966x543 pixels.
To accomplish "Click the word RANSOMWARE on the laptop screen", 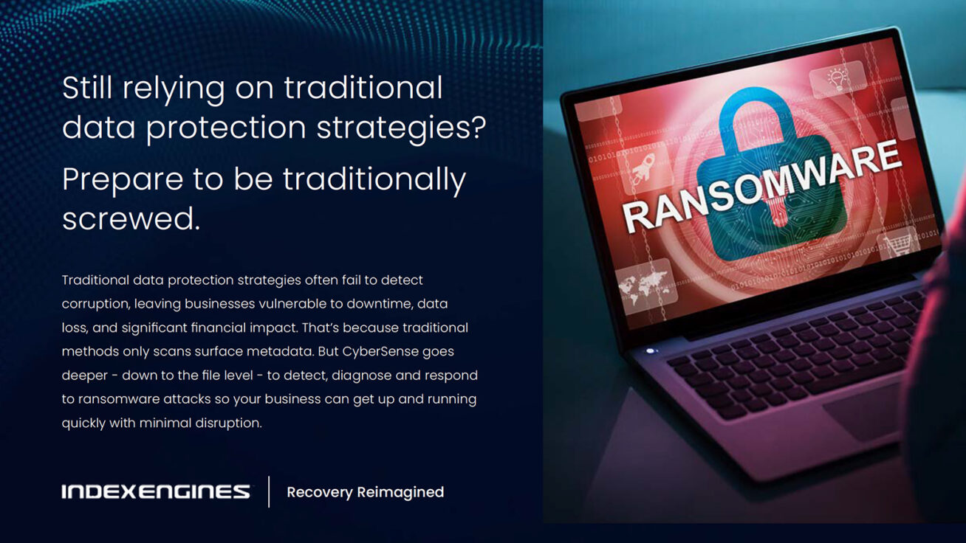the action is tap(761, 187).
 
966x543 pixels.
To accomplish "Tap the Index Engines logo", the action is tap(156, 491).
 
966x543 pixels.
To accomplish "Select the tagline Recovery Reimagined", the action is tap(366, 492).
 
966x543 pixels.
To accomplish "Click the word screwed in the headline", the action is tap(131, 218).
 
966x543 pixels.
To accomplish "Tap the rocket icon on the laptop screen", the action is tap(643, 170).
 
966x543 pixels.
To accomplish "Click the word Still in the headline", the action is tap(88, 88).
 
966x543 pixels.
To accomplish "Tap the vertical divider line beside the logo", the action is tap(269, 491).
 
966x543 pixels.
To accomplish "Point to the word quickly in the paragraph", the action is tap(83, 423).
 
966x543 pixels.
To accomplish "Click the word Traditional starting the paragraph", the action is tap(95, 280).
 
